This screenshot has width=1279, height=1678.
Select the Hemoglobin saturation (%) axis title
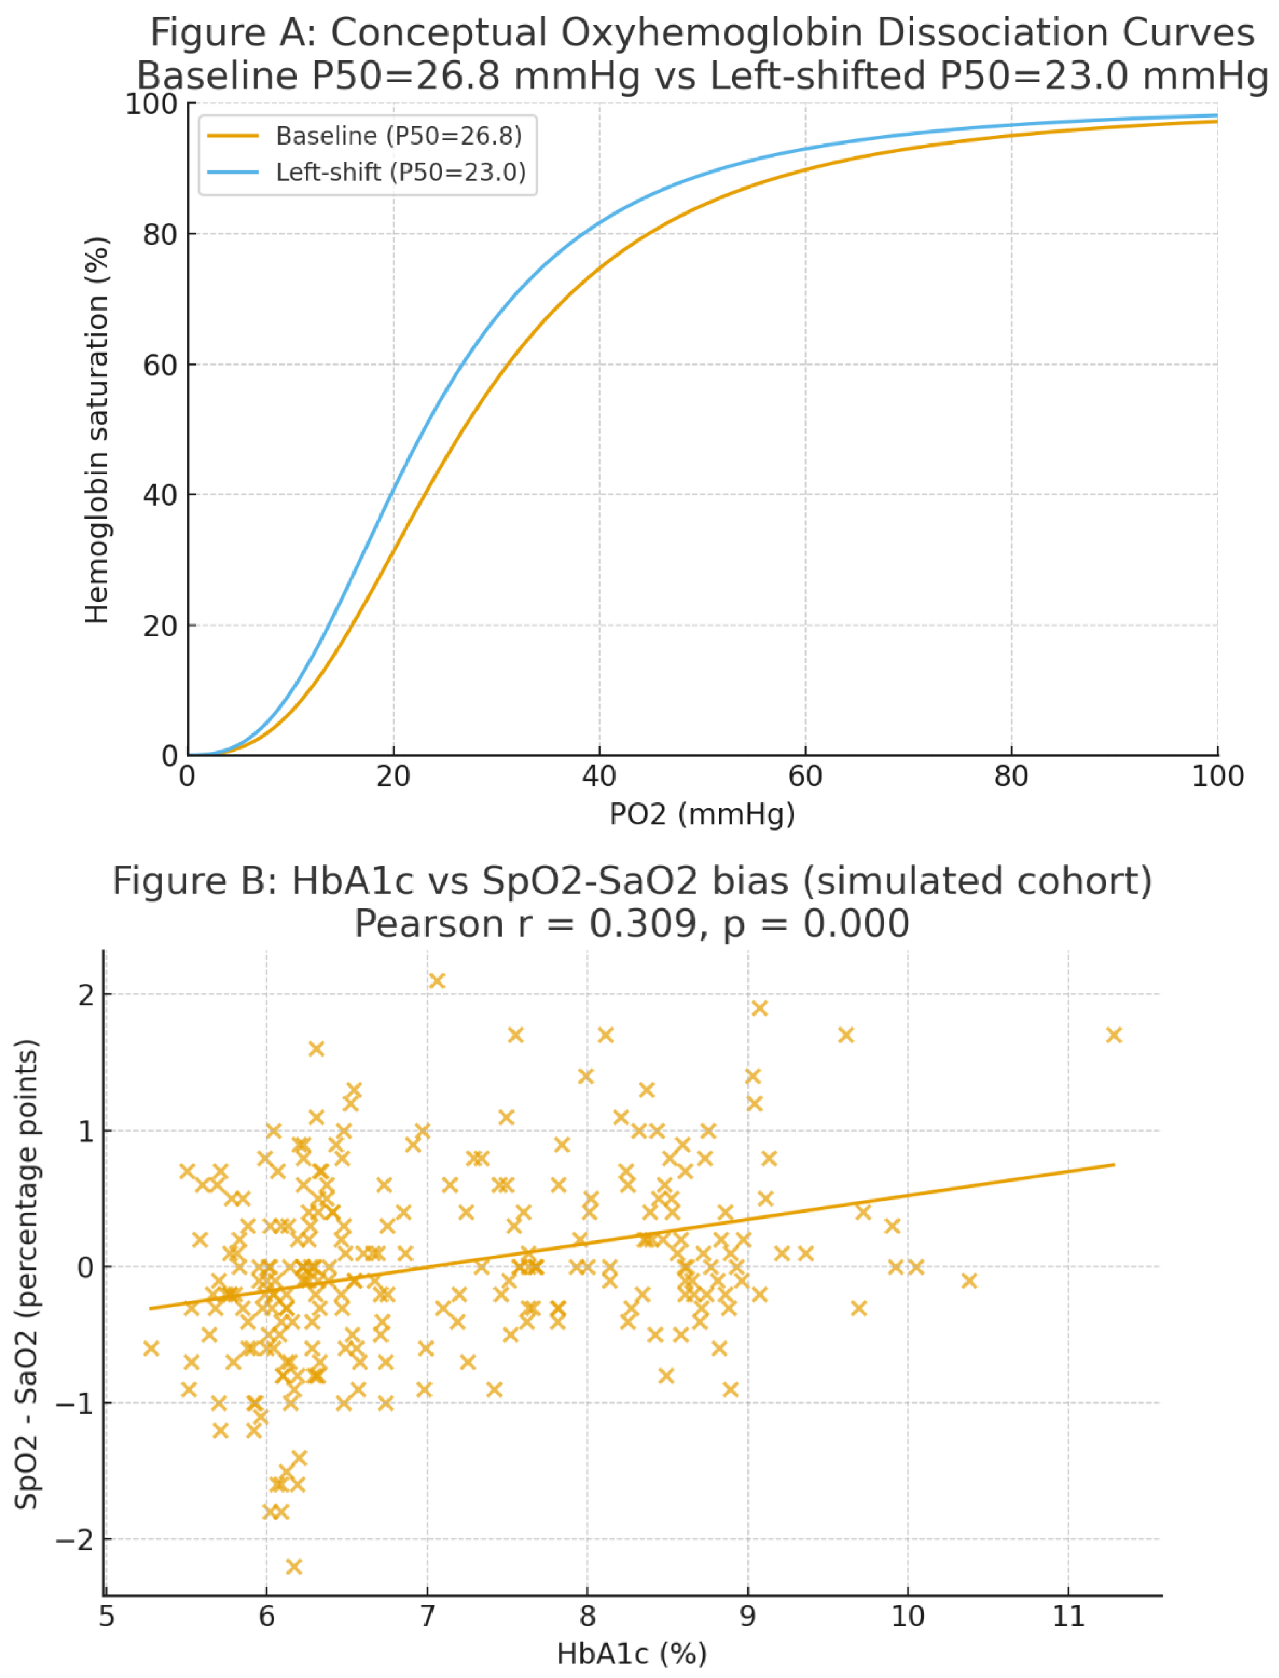[x=97, y=430]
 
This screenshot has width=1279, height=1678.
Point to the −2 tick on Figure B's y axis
[x=75, y=1539]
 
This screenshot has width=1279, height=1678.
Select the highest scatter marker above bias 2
[x=437, y=981]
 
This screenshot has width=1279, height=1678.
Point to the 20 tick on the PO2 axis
[x=393, y=777]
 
